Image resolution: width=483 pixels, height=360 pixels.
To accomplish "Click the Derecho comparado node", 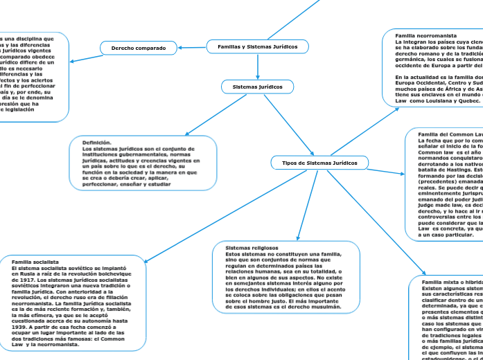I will [x=139, y=48].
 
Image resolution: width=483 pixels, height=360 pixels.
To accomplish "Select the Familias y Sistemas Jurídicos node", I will [x=257, y=46].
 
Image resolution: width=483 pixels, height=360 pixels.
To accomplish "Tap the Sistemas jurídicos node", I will [x=257, y=87].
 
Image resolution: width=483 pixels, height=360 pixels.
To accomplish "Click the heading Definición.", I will [x=97, y=143].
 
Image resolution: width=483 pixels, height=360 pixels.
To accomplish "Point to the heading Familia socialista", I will [x=35, y=262].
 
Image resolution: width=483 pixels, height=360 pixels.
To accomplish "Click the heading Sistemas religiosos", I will [x=252, y=247].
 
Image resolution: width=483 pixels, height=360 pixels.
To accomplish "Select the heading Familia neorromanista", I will [x=425, y=35].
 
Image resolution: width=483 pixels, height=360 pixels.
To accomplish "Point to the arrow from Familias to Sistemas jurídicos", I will [x=257, y=66].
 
